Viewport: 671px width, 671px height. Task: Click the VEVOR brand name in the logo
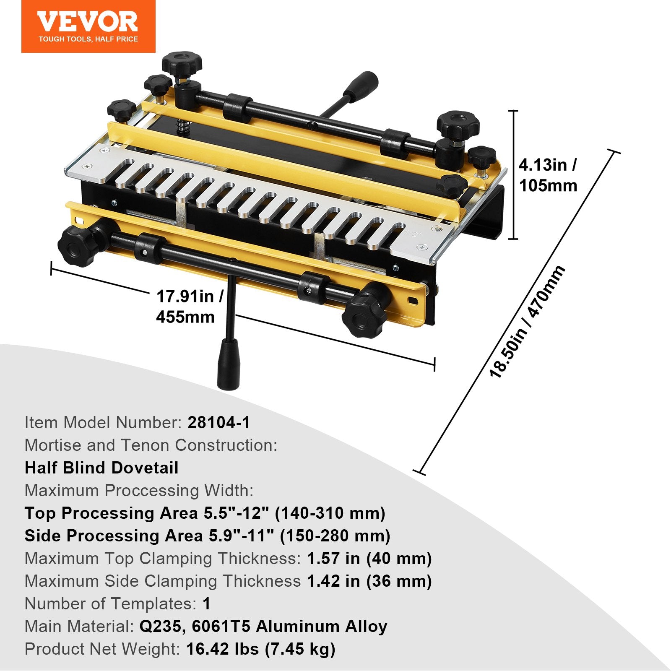tap(88, 21)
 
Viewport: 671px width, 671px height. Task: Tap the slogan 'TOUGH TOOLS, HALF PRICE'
tap(88, 39)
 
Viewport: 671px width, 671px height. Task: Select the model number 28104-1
tap(218, 423)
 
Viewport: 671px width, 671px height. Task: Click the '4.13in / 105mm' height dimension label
tap(548, 175)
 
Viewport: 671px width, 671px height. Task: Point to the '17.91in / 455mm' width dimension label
tap(190, 307)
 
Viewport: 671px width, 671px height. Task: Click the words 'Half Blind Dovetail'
tap(101, 468)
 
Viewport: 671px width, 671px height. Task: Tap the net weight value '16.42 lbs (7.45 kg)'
tap(260, 649)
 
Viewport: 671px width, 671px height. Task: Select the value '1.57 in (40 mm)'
tap(369, 559)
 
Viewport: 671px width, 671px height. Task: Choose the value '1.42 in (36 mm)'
tap(369, 581)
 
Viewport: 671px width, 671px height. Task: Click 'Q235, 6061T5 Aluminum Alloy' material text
tap(263, 627)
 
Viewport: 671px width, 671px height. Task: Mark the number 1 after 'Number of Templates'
tap(206, 604)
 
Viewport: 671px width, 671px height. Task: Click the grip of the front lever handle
tap(228, 364)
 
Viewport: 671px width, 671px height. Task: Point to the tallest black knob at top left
tap(182, 63)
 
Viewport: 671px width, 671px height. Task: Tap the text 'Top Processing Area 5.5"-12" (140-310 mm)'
tap(205, 513)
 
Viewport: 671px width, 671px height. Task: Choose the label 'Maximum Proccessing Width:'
tap(139, 491)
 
